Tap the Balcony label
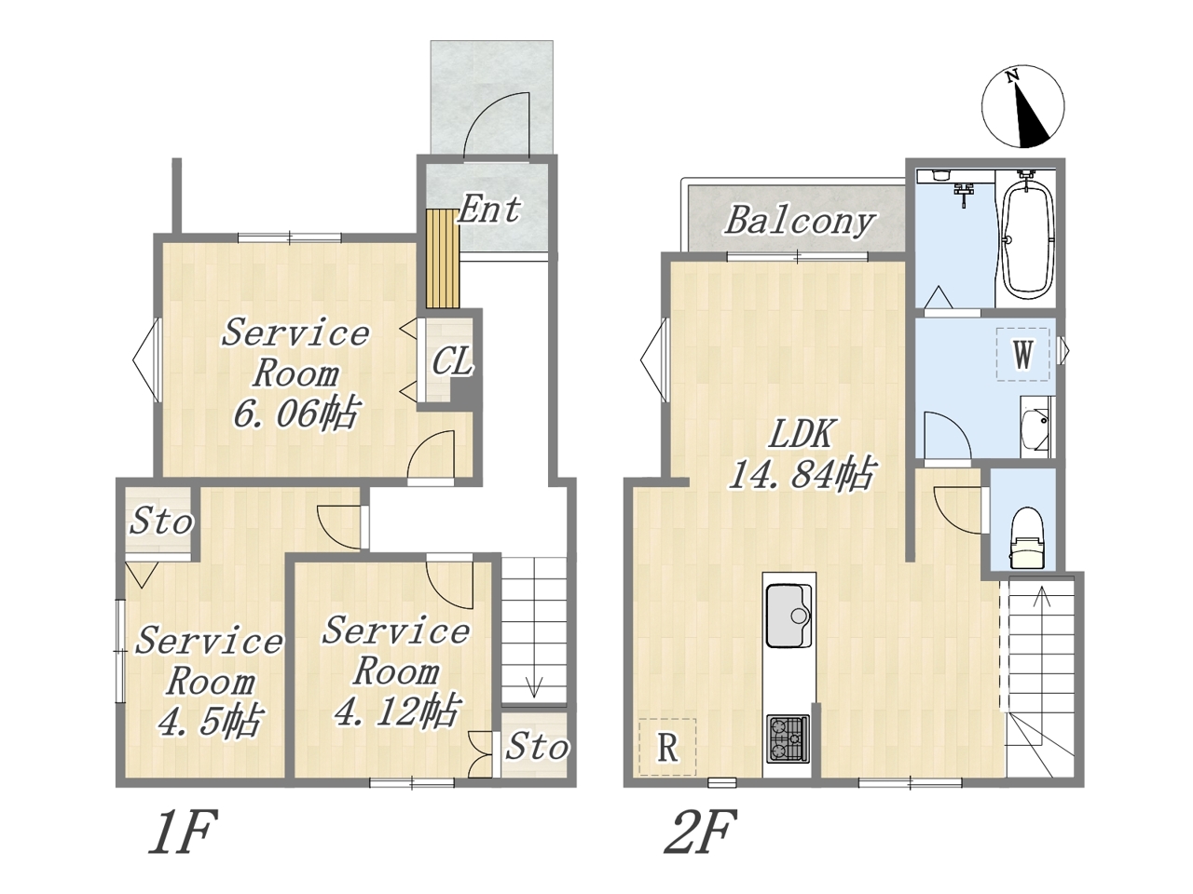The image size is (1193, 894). click(x=800, y=222)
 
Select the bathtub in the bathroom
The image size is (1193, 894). click(x=1028, y=238)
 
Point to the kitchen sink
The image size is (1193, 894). click(x=788, y=616)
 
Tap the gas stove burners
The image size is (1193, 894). click(x=788, y=738)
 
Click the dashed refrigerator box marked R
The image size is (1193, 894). click(x=667, y=746)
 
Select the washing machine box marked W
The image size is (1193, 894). click(x=1022, y=355)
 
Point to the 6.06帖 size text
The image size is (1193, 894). click(x=296, y=414)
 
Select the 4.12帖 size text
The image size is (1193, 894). click(x=397, y=711)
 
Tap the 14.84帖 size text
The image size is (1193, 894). click(x=802, y=474)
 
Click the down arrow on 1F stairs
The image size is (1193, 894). click(x=533, y=687)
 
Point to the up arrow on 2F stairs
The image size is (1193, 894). click(x=1042, y=598)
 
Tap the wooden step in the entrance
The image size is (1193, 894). click(x=443, y=259)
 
